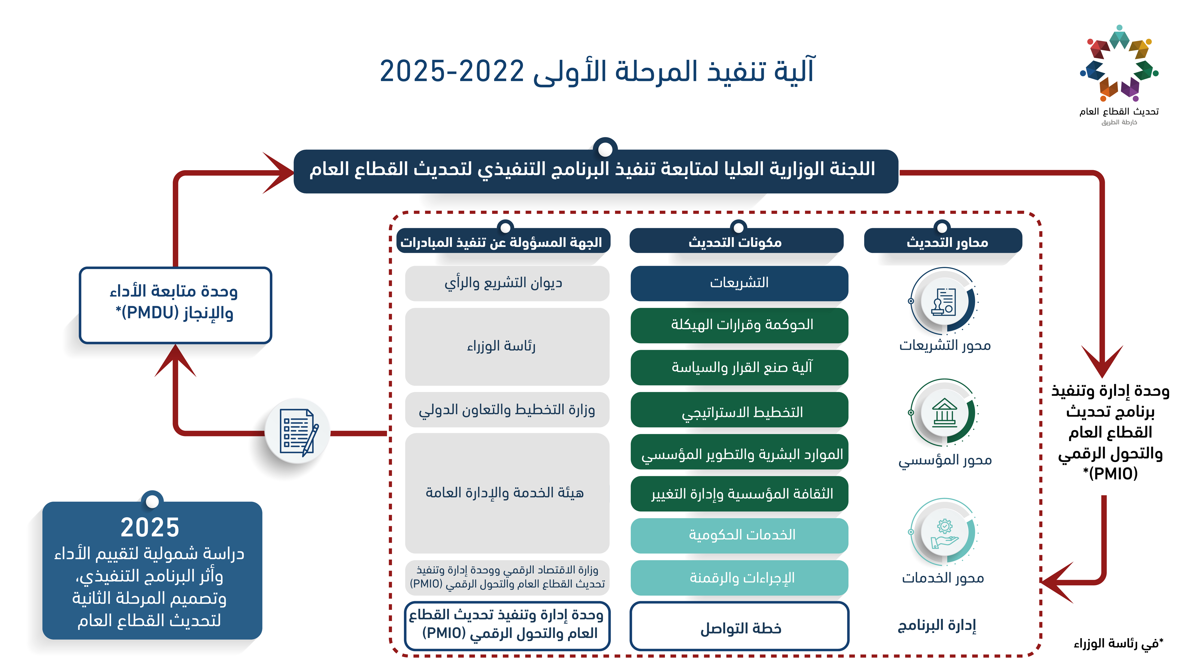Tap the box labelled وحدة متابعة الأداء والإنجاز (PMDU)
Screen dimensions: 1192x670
pyautogui.click(x=176, y=305)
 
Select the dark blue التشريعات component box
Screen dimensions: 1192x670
pyautogui.click(x=739, y=283)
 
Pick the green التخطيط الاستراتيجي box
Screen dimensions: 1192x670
pyautogui.click(x=739, y=410)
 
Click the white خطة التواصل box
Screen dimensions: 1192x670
pyautogui.click(x=739, y=626)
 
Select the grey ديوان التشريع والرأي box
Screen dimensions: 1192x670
pyautogui.click(x=507, y=283)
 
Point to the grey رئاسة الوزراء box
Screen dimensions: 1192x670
pyautogui.click(x=507, y=346)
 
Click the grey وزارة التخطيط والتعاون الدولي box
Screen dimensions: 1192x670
pyautogui.click(x=507, y=410)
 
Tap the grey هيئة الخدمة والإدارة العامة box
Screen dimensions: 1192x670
pyautogui.click(x=507, y=493)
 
